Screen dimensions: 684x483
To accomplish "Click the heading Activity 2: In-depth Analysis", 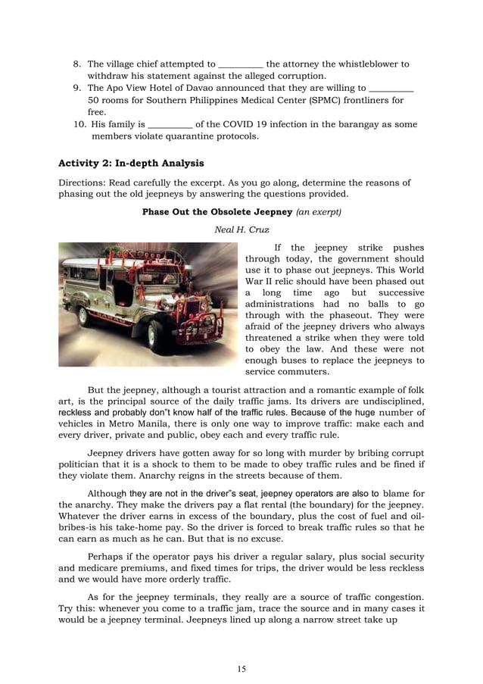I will [131, 163].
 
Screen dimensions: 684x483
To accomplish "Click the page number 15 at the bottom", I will [241, 669].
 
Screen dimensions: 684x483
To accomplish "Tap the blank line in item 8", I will [240, 65].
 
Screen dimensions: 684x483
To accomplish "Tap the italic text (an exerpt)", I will [319, 212].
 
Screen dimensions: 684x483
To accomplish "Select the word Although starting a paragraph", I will [108, 494].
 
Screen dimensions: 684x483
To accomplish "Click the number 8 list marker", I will [77, 64].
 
